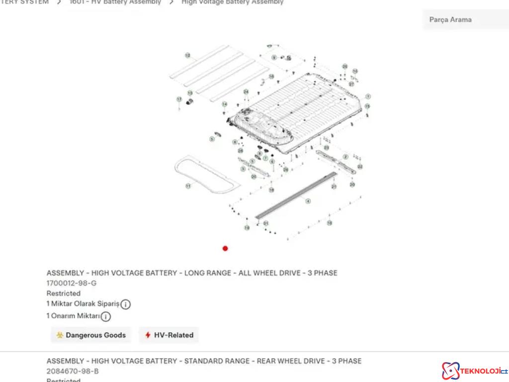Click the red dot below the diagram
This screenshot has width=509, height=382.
(225, 248)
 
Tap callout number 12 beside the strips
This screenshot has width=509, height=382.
(187, 56)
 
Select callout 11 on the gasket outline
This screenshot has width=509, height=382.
(188, 186)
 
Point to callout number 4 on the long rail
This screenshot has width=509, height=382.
(308, 201)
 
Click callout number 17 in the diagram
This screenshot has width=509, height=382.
(179, 99)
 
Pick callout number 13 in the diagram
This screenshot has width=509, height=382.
(190, 93)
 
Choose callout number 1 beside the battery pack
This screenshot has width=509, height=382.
(368, 96)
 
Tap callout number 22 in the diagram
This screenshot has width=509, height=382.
(360, 167)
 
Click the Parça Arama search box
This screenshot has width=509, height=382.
(465, 20)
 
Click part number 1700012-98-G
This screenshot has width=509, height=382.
(72, 283)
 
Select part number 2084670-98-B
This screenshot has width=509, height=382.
(73, 371)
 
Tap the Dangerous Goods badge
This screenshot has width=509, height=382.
(90, 335)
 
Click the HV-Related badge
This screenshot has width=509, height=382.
(169, 335)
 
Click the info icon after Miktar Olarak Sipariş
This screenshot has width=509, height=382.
(126, 304)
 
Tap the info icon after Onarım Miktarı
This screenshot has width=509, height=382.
(106, 316)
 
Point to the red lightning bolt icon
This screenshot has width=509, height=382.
(148, 335)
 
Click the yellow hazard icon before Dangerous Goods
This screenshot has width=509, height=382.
(60, 335)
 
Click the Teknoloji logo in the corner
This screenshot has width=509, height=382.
(474, 371)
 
